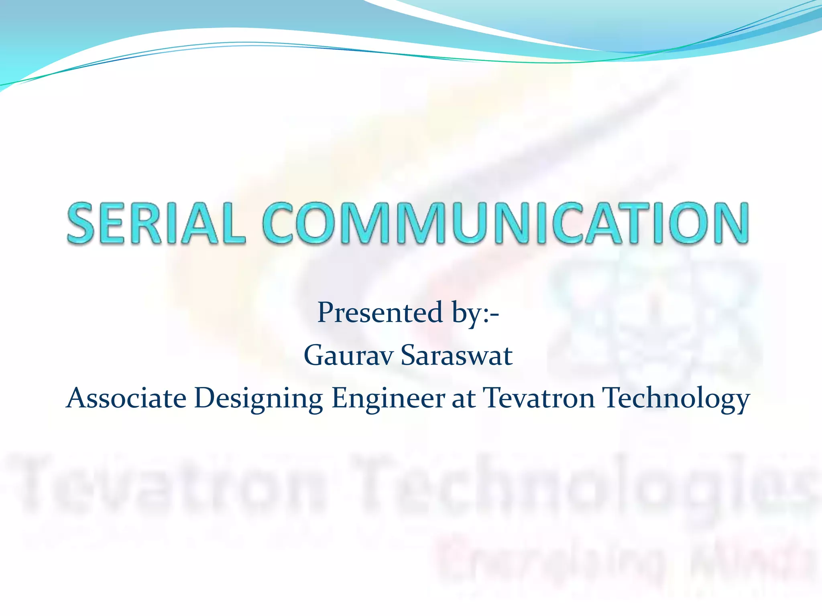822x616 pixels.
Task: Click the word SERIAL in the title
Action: [x=156, y=223]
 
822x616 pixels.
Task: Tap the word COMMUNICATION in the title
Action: [x=506, y=223]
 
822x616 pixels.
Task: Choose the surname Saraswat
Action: [x=457, y=356]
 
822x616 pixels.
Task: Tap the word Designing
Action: [x=258, y=399]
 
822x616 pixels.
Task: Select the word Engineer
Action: [x=388, y=399]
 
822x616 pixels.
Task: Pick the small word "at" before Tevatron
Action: [x=464, y=399]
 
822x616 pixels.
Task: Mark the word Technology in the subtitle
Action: [x=677, y=399]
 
